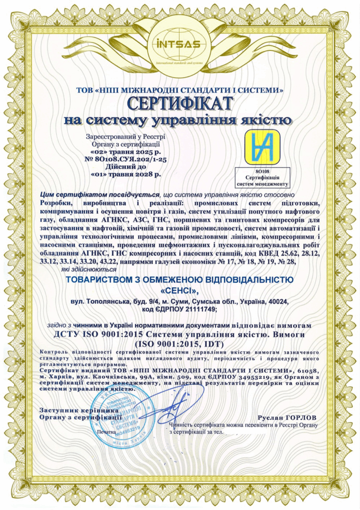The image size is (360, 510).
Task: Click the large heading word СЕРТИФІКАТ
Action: coord(180,103)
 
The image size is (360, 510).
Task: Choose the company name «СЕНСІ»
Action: coord(180,290)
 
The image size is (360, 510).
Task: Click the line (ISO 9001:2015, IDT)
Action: coord(180,343)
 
